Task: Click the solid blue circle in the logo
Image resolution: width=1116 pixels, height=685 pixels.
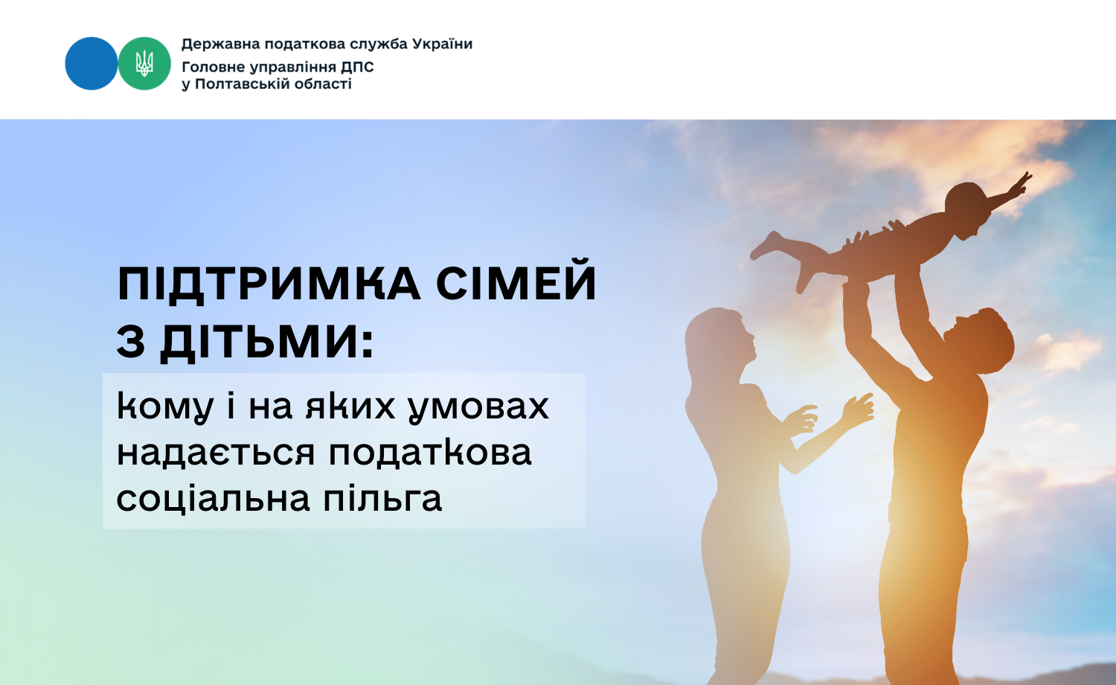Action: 92,63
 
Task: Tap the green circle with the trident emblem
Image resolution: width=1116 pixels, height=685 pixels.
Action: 144,63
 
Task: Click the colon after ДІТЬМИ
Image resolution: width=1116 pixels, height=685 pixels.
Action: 368,343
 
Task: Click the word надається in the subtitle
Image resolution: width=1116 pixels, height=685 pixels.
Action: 216,453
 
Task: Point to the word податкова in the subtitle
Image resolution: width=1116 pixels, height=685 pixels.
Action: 430,453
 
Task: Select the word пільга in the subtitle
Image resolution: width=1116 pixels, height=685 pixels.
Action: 382,499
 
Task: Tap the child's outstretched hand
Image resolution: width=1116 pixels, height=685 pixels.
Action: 1022,182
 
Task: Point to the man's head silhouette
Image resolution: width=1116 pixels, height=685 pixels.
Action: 979,342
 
